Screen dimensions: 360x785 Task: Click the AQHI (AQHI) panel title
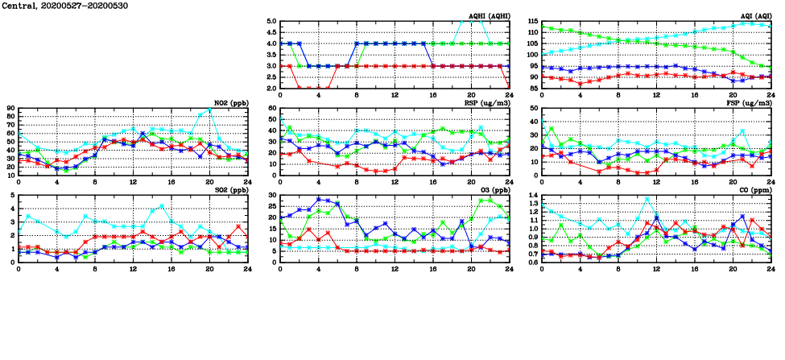490,15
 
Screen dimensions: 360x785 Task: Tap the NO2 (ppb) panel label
231,102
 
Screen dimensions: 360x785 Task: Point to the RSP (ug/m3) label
488,102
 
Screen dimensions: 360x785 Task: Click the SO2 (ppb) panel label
231,189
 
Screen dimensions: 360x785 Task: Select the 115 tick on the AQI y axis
531,22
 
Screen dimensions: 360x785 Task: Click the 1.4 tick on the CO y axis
532,196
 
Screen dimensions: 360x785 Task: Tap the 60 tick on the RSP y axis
271,108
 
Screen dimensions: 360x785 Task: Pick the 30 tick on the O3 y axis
271,196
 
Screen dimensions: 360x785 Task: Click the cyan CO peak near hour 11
647,199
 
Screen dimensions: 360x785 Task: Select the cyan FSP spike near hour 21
742,130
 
